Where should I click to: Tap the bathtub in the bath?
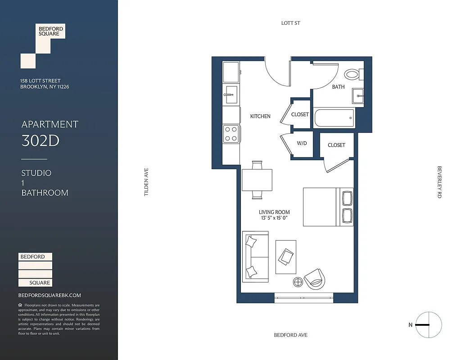tap(334, 118)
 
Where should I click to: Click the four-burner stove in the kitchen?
tap(231, 134)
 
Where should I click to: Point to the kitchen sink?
tap(231, 94)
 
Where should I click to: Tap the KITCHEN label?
tap(260, 117)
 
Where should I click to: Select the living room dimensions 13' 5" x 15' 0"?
tap(274, 218)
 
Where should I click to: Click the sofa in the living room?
tap(255, 256)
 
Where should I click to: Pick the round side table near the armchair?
tap(298, 282)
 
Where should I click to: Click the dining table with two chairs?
tap(257, 180)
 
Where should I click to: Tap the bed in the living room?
tap(328, 207)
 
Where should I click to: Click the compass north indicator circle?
tap(429, 324)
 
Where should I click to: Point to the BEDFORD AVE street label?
tap(291, 335)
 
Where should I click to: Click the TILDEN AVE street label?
tap(146, 182)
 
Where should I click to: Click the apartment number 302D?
tap(41, 141)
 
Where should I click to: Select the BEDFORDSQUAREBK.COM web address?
tap(50, 295)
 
